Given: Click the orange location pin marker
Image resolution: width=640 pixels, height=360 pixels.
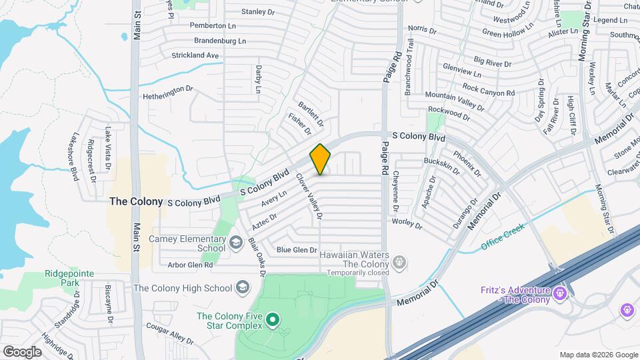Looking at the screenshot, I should point(320,159).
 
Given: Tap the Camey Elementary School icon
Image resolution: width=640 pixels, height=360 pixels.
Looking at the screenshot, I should point(235,243).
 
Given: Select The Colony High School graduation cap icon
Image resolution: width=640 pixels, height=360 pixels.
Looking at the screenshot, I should point(243,288).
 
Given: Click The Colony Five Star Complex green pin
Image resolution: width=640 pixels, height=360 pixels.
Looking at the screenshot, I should point(272,321).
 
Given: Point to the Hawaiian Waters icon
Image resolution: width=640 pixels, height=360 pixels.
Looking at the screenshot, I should point(399,263).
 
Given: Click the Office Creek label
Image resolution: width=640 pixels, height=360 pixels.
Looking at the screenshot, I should point(503,237).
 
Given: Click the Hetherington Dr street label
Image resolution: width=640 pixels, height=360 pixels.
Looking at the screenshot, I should point(168,96).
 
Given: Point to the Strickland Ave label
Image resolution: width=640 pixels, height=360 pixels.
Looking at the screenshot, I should point(195,55).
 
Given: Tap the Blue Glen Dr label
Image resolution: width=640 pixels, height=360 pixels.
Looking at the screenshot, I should point(296,249).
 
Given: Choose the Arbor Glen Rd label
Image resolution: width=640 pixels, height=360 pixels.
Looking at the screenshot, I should point(190,265).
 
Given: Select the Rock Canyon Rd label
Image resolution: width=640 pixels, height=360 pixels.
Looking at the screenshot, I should point(489,89).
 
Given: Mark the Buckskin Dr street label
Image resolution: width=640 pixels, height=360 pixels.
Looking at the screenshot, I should point(441,165).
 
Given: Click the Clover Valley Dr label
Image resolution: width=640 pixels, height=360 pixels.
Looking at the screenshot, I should point(309,197).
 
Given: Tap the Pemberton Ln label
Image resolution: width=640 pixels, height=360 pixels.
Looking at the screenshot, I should point(195,25).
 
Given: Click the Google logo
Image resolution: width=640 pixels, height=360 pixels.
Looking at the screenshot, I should point(22,351).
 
